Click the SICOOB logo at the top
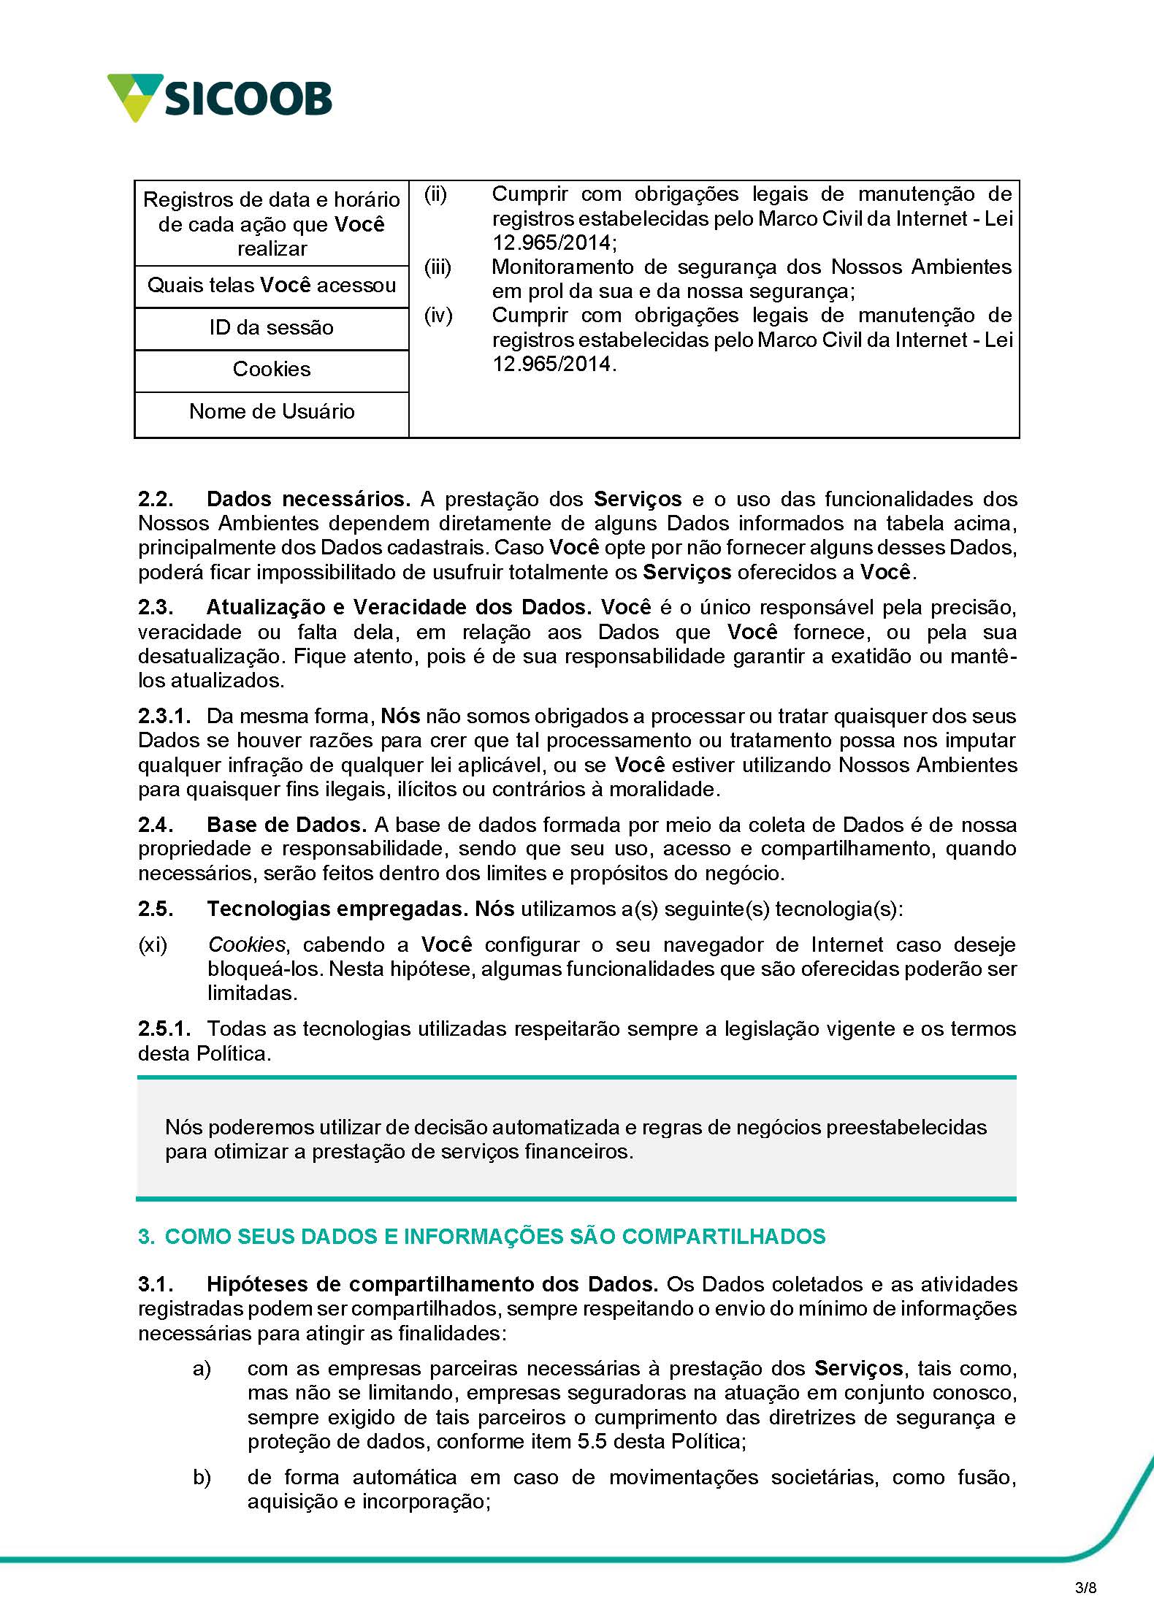220,98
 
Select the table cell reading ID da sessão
271,327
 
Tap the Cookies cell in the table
271,369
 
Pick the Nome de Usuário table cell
271,411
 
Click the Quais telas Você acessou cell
271,285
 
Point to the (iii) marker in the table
438,267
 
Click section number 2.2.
156,500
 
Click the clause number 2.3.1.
164,717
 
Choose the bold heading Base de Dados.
286,825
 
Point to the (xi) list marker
153,945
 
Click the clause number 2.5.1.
164,1029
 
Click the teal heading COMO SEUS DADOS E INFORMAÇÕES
482,1237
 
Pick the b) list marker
202,1478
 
